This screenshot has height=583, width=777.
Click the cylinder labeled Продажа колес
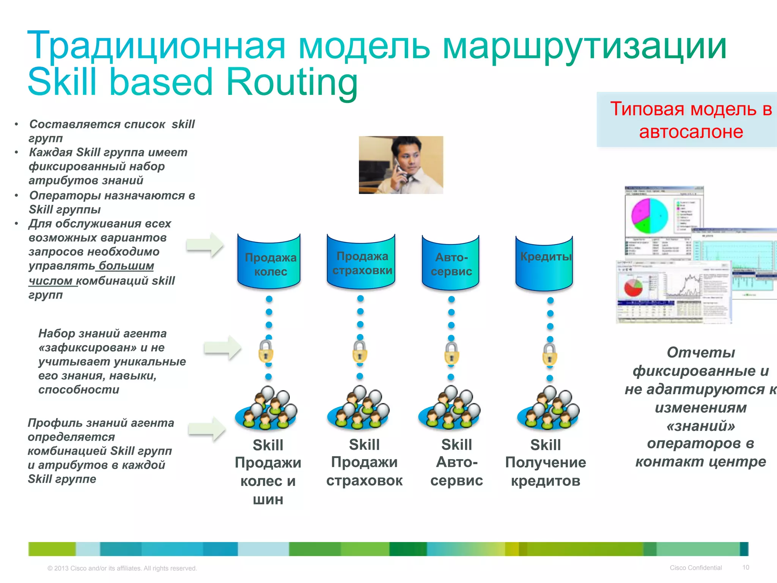pyautogui.click(x=269, y=262)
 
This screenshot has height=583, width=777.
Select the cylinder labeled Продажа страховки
pyautogui.click(x=361, y=262)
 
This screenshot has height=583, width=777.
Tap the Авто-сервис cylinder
pyautogui.click(x=450, y=263)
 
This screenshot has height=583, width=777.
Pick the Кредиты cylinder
pyautogui.click(x=544, y=263)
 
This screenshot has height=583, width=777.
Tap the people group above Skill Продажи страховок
pyautogui.click(x=359, y=408)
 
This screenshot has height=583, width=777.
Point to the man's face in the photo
pyautogui.click(x=410, y=156)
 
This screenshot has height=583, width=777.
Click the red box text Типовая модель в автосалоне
pyautogui.click(x=690, y=120)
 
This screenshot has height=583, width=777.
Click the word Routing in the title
pyautogui.click(x=292, y=82)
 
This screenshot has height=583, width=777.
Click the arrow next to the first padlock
pyautogui.click(x=222, y=347)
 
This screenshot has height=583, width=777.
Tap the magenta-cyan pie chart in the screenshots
pyautogui.click(x=649, y=216)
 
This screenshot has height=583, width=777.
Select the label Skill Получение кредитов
pyautogui.click(x=545, y=463)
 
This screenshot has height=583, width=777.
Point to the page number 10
pyautogui.click(x=746, y=567)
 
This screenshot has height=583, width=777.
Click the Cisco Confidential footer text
pyautogui.click(x=695, y=568)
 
